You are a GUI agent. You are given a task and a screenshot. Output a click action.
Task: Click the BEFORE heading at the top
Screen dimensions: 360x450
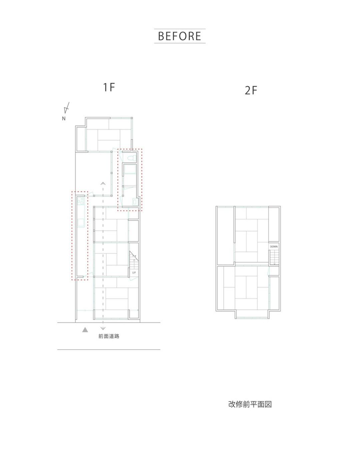(179, 36)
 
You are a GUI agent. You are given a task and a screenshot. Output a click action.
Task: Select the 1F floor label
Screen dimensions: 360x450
(109, 87)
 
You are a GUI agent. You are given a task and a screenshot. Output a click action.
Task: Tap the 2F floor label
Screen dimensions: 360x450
(251, 91)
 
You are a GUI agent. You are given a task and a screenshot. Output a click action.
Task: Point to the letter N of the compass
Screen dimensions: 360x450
(64, 119)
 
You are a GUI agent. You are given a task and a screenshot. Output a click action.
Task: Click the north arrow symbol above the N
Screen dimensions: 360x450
(67, 108)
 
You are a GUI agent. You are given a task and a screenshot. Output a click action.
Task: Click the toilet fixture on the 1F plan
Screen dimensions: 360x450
(132, 158)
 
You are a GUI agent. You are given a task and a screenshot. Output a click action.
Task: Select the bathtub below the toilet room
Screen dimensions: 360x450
(130, 169)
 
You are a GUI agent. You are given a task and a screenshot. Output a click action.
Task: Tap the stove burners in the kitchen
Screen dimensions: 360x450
(81, 201)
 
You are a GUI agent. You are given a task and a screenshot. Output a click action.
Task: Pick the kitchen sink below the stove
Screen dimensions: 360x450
(81, 222)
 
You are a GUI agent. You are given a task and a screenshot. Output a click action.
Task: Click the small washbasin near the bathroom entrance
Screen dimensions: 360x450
(135, 202)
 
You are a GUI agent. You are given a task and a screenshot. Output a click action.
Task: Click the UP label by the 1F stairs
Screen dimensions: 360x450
(134, 272)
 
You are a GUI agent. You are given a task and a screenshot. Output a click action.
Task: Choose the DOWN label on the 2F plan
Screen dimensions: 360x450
(274, 247)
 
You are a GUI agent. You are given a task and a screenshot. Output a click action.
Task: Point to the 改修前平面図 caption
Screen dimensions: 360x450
(250, 404)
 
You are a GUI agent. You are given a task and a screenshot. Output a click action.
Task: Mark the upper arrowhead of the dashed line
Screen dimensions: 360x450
(103, 183)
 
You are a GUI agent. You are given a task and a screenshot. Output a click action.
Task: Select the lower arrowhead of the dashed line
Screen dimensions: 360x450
(103, 328)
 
